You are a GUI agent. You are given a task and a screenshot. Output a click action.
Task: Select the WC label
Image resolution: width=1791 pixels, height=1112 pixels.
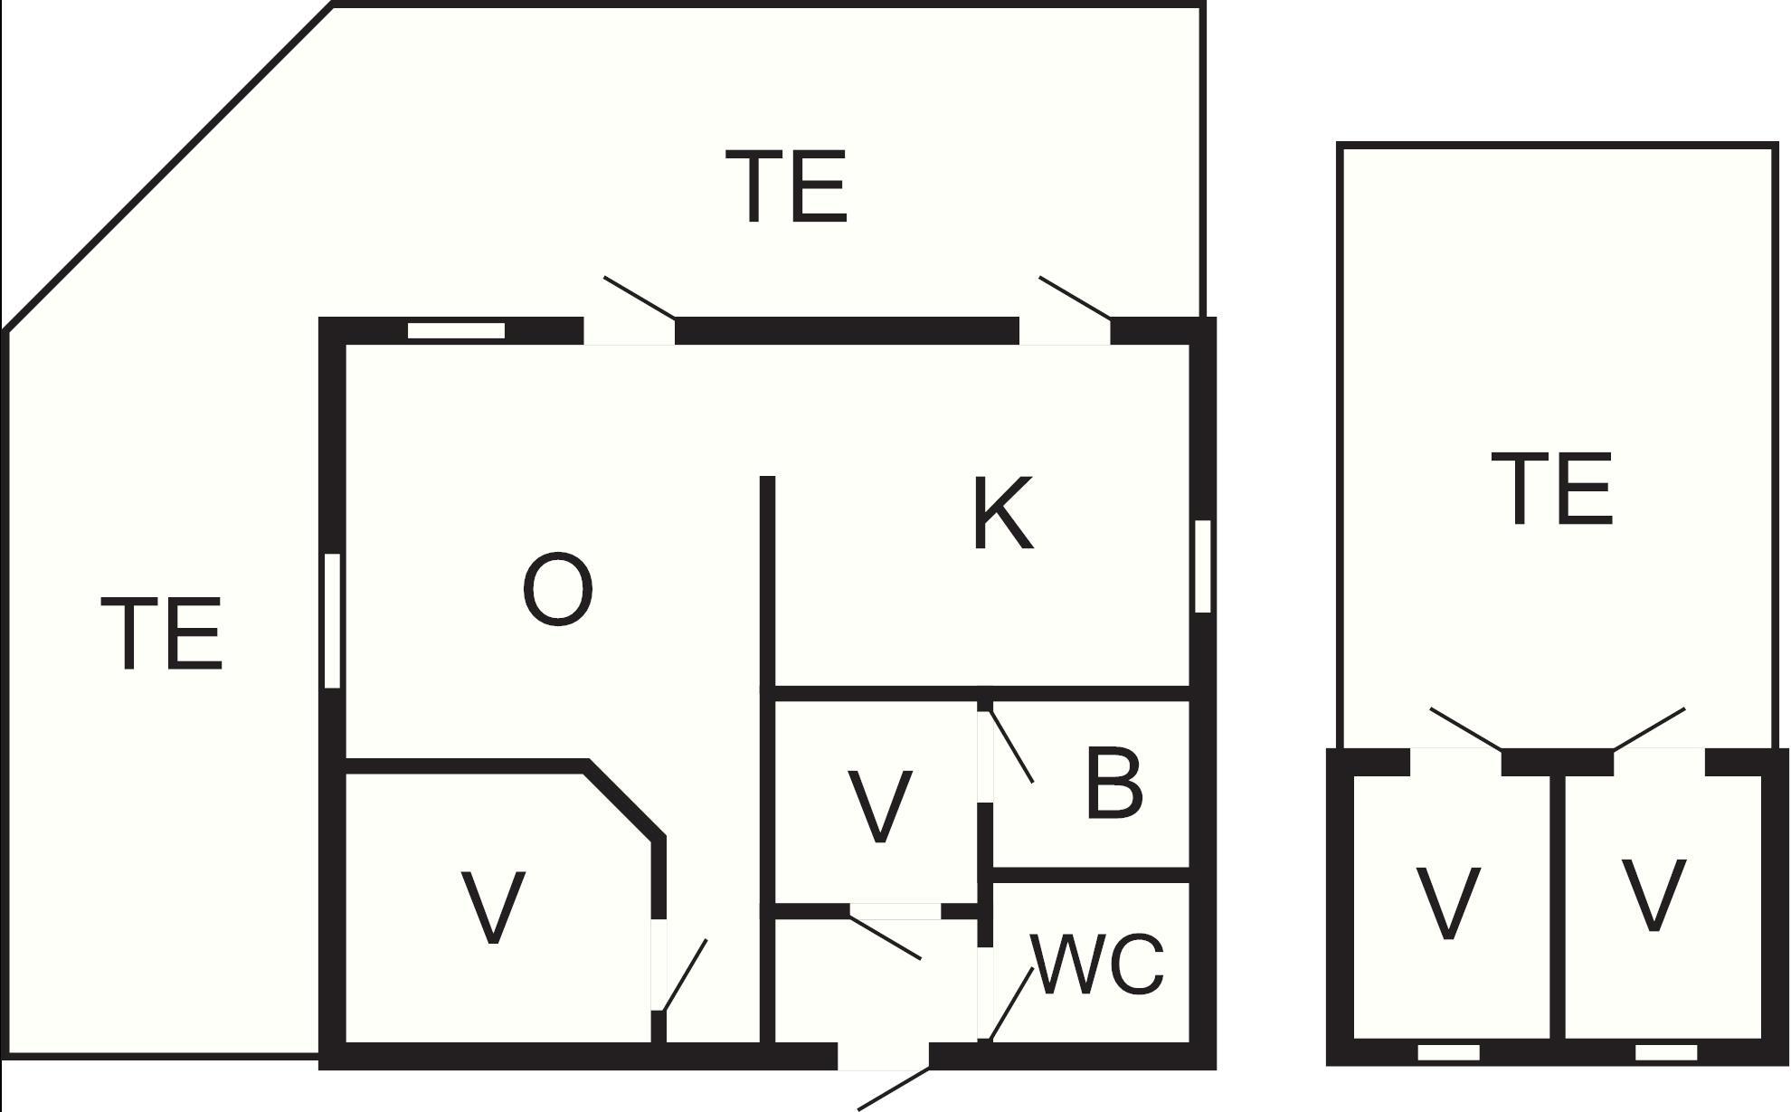1097,964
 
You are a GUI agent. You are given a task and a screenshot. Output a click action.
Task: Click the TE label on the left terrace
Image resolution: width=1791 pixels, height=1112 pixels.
161,633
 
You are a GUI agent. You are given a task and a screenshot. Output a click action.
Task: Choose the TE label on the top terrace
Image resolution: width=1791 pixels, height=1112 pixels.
786,186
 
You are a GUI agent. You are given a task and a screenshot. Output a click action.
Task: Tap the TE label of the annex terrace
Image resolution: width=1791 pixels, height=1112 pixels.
1552,489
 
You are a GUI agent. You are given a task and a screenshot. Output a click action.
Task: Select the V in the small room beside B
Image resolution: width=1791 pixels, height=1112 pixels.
880,806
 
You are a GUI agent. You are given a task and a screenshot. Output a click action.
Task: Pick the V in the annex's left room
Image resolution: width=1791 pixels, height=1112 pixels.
1448,902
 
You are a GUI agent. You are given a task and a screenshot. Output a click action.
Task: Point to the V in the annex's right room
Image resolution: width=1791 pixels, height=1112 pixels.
1654,895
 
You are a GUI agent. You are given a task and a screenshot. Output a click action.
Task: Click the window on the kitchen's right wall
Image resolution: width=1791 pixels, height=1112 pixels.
1202,566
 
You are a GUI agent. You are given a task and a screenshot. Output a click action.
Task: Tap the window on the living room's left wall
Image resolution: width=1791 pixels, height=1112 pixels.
332,621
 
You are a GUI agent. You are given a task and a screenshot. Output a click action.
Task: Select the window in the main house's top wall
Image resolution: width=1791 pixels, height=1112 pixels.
456,331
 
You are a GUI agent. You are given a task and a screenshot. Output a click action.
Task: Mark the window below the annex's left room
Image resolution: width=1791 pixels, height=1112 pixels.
1448,1052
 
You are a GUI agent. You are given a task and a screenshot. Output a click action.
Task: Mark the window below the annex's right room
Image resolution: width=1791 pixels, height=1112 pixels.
1666,1052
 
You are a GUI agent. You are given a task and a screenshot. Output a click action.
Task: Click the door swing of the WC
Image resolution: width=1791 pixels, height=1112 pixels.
1011,1004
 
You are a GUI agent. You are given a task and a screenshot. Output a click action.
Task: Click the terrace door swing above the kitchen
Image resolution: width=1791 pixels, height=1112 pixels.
1076,298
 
